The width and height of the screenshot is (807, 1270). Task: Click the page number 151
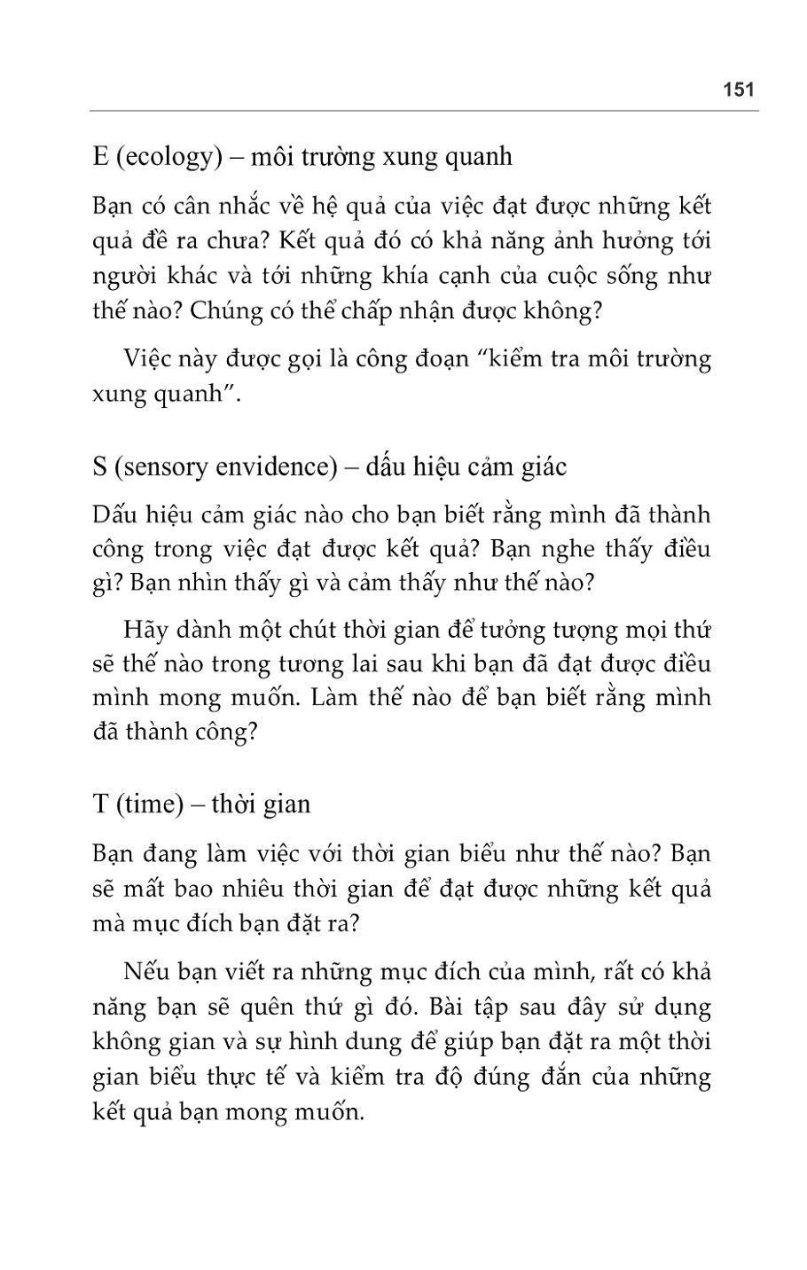(738, 90)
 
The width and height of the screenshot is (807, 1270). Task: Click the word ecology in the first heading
(168, 157)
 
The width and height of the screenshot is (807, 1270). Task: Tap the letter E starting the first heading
(99, 157)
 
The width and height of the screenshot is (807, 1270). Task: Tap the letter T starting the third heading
(99, 804)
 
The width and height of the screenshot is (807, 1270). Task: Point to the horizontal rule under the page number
(424, 111)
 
